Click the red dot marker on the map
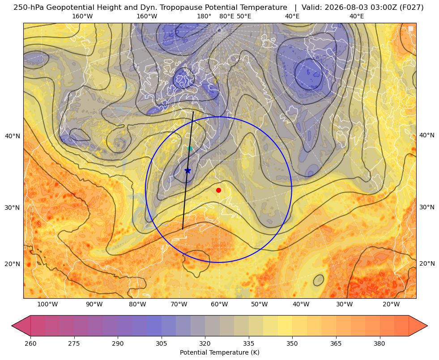[x=219, y=190]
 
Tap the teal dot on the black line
[x=190, y=148]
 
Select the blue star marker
[x=188, y=170]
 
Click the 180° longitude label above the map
[x=204, y=16]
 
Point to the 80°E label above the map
[x=227, y=16]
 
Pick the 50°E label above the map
[x=244, y=16]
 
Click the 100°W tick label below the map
[x=47, y=305]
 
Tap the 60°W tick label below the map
[x=219, y=305]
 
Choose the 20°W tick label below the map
[x=391, y=305]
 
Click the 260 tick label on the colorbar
[x=30, y=343]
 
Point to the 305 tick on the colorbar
[x=161, y=343]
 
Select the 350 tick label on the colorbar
[x=292, y=343]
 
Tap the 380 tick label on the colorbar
[x=379, y=343]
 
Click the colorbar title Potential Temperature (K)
[x=219, y=352]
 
